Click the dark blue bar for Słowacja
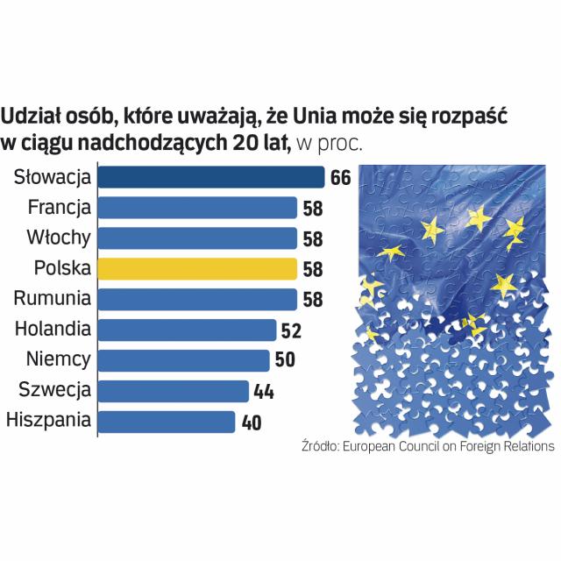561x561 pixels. (210, 177)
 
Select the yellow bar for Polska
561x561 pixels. (197, 268)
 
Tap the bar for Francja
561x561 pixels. (197, 208)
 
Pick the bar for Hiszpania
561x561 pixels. (166, 421)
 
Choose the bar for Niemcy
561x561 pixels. (183, 360)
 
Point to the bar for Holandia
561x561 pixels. (187, 330)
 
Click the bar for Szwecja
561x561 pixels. (174, 390)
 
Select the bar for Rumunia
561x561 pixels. (197, 299)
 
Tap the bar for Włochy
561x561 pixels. (197, 238)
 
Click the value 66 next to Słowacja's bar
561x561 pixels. (340, 178)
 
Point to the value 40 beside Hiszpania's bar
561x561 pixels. (252, 422)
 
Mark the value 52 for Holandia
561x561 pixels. (290, 330)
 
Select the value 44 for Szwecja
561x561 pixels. (264, 391)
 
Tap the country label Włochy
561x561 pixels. (59, 238)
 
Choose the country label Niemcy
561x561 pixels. (59, 360)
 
